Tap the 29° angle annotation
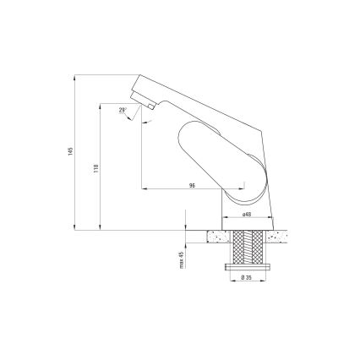point(123,111)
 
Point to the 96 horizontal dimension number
point(193,184)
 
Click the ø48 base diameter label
point(246,215)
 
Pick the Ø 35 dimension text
point(246,278)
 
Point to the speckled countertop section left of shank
point(212,237)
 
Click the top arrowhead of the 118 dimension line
point(101,107)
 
